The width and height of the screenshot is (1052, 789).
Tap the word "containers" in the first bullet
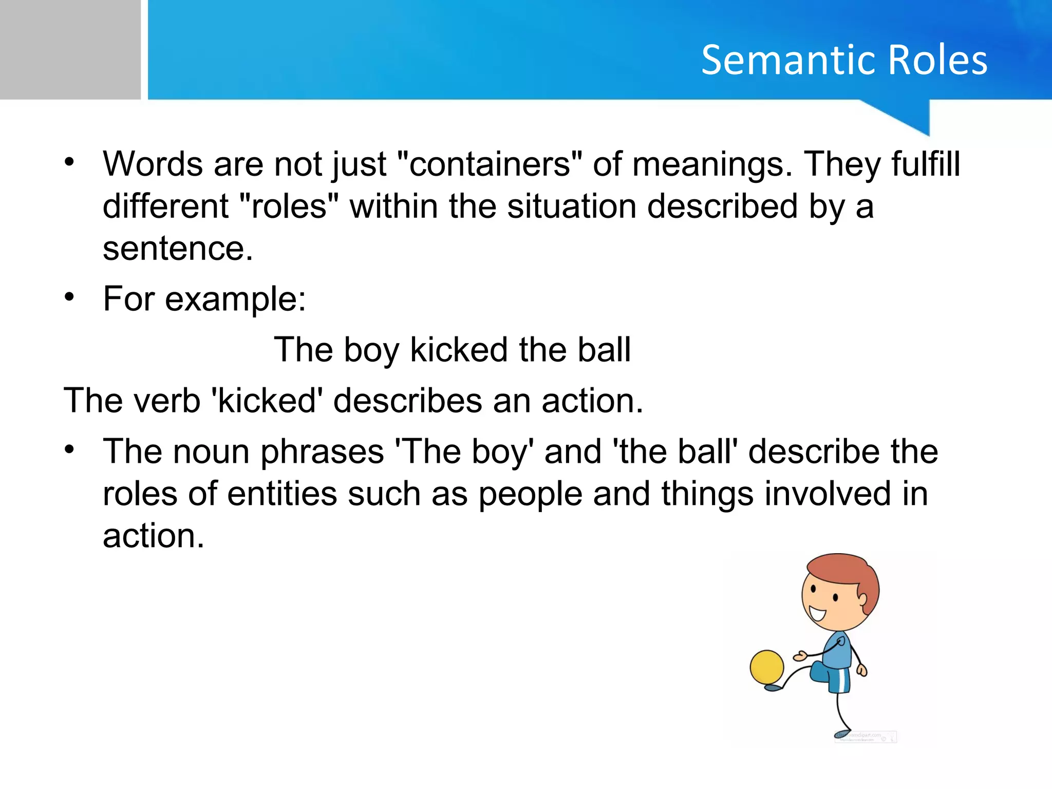pos(490,164)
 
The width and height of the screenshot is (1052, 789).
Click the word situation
pos(570,206)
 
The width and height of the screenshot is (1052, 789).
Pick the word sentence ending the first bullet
pos(177,249)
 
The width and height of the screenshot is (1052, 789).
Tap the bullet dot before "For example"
pos(69,297)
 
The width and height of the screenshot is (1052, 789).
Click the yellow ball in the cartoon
pos(766,667)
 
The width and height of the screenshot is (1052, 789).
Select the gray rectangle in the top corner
pos(70,49)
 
